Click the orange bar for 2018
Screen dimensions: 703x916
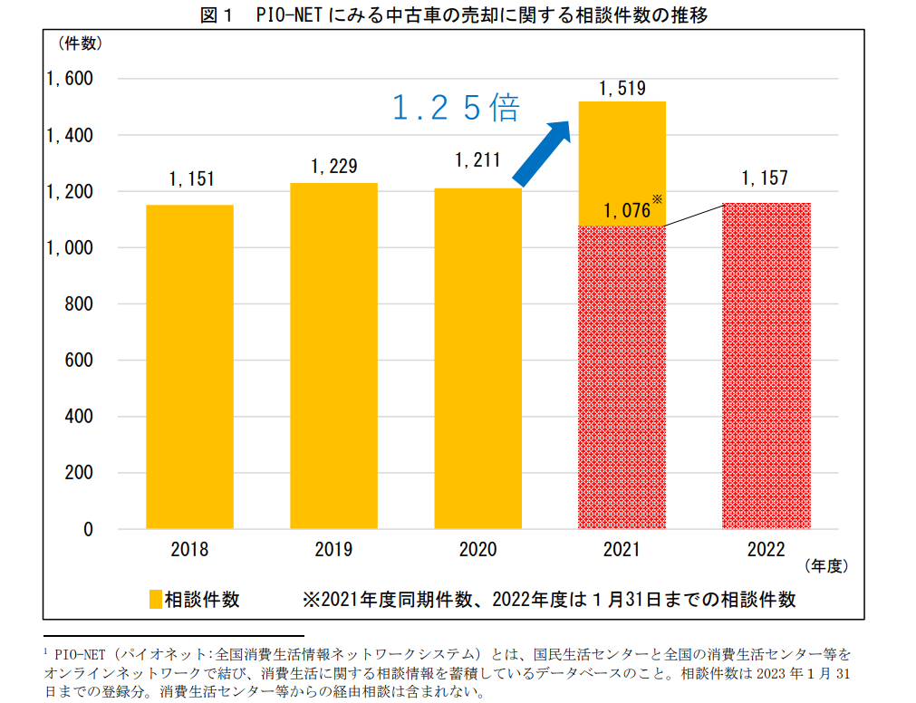189,367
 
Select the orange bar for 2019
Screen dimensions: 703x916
333,356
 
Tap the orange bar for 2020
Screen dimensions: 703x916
477,359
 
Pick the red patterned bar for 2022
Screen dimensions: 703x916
766,366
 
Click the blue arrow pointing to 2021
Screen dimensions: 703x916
543,150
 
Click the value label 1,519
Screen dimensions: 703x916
621,88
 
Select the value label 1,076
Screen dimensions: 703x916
627,211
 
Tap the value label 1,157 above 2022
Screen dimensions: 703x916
765,178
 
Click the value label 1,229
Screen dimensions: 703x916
333,166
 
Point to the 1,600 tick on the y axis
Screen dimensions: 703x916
70,80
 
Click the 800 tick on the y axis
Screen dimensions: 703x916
80,304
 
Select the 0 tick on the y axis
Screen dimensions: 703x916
88,529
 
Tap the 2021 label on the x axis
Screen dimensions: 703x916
621,550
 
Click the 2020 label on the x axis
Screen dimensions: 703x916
477,550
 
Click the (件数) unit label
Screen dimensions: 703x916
81,43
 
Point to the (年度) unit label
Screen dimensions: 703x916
824,566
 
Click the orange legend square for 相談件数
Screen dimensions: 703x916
155,600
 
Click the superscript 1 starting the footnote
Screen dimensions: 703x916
45,650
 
